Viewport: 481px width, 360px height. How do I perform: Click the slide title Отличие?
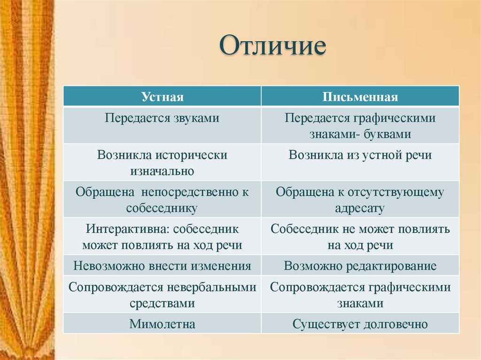[x=273, y=46]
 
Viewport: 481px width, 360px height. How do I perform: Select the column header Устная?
[x=162, y=97]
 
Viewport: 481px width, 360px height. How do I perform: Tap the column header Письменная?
[x=360, y=97]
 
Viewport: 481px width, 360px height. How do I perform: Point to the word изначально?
[x=162, y=171]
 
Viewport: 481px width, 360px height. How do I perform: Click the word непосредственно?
[x=191, y=192]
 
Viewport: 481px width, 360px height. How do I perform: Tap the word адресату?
[x=360, y=208]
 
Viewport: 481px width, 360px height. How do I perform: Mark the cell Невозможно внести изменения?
[x=162, y=266]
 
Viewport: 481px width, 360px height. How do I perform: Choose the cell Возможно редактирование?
[x=360, y=266]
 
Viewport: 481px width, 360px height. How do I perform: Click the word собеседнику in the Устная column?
[x=162, y=208]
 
